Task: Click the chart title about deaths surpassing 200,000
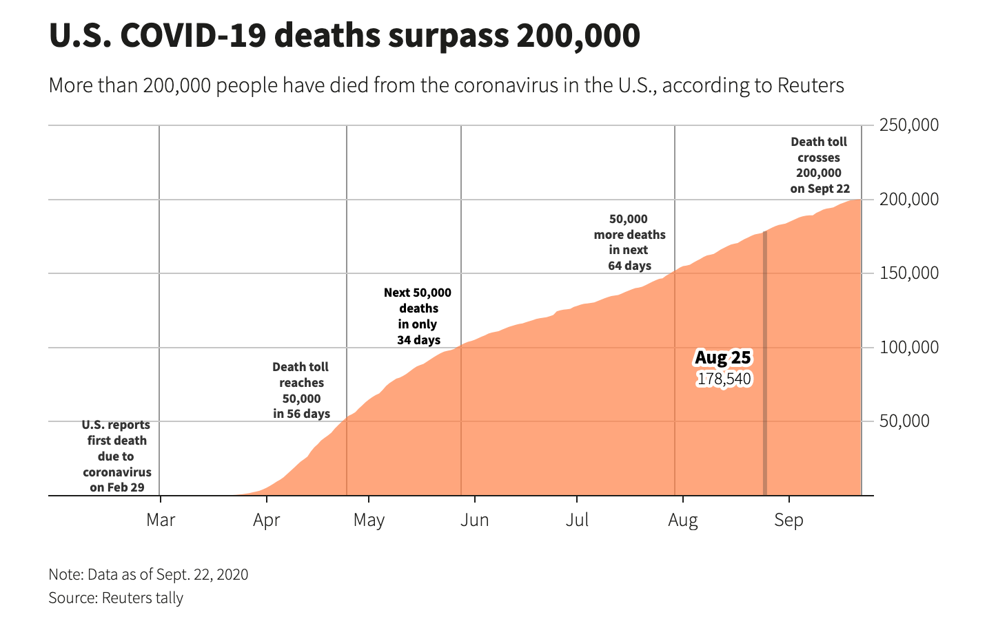(344, 36)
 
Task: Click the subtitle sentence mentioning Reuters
(446, 85)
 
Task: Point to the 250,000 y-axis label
(909, 125)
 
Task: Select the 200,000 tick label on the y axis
(909, 199)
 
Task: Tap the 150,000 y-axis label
(909, 273)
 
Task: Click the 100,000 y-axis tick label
(909, 347)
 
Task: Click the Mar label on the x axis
(161, 520)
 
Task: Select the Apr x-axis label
(266, 520)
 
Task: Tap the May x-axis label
(369, 520)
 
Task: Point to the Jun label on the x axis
(474, 520)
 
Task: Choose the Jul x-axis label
(577, 520)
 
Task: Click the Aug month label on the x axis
(682, 520)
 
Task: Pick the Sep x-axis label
(788, 520)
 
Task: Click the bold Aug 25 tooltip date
(722, 358)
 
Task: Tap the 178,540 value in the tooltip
(724, 379)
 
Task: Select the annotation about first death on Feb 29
(116, 456)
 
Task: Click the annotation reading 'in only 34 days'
(418, 316)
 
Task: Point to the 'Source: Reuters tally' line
(116, 598)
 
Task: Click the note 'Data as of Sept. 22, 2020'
(148, 574)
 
